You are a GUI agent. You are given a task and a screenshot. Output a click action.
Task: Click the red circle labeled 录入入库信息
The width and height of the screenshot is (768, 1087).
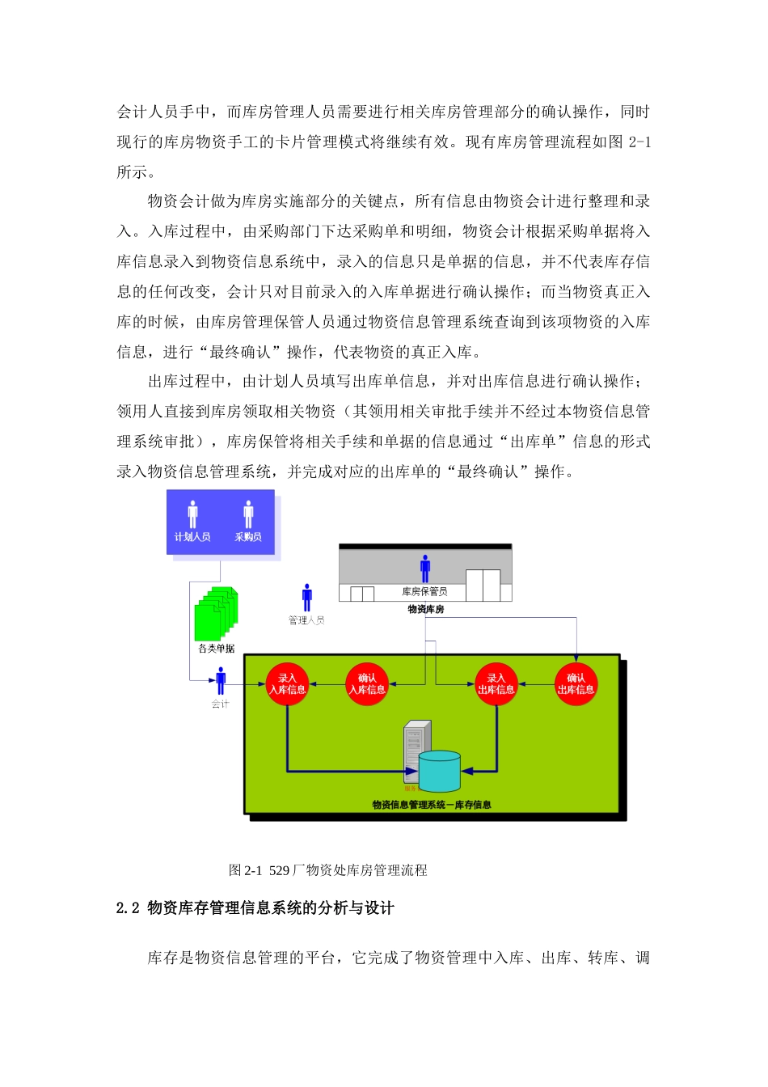click(x=287, y=683)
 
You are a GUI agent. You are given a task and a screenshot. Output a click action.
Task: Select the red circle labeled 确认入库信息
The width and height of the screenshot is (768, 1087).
click(x=367, y=683)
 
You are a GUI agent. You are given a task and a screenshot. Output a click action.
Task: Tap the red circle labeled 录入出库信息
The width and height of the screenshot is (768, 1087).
click(x=496, y=683)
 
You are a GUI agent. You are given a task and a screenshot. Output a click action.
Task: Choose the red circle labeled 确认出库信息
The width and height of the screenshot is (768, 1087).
click(x=576, y=683)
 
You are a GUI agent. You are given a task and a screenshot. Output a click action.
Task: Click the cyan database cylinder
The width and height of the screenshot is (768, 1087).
click(x=440, y=771)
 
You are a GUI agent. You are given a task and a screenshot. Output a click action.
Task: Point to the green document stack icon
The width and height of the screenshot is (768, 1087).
click(x=217, y=614)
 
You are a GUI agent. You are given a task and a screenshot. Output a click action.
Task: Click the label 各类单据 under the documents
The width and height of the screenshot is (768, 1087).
click(x=217, y=649)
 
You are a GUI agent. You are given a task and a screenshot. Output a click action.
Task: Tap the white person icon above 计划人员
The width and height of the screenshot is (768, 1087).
click(x=192, y=514)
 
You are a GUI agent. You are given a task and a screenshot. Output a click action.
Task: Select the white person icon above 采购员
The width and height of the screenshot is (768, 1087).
click(x=248, y=514)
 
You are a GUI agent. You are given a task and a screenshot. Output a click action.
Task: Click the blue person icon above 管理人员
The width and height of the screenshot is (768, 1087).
click(x=306, y=598)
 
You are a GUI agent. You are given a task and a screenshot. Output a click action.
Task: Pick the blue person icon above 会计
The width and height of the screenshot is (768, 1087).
click(x=221, y=681)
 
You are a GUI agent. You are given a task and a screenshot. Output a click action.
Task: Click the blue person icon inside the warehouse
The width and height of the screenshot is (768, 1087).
click(x=425, y=569)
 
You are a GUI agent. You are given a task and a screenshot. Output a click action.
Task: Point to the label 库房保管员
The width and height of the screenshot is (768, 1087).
click(x=424, y=591)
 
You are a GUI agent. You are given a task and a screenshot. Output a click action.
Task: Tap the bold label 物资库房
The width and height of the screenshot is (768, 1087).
click(x=425, y=609)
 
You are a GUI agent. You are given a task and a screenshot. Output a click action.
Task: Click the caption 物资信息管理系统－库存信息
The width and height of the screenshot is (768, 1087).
click(x=432, y=805)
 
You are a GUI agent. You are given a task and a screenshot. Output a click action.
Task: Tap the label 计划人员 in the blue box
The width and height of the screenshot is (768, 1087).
click(x=192, y=537)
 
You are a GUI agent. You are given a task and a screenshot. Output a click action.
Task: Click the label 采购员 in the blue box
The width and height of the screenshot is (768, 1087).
click(x=248, y=537)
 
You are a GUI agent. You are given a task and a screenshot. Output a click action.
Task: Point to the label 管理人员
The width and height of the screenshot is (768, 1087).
click(x=306, y=620)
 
